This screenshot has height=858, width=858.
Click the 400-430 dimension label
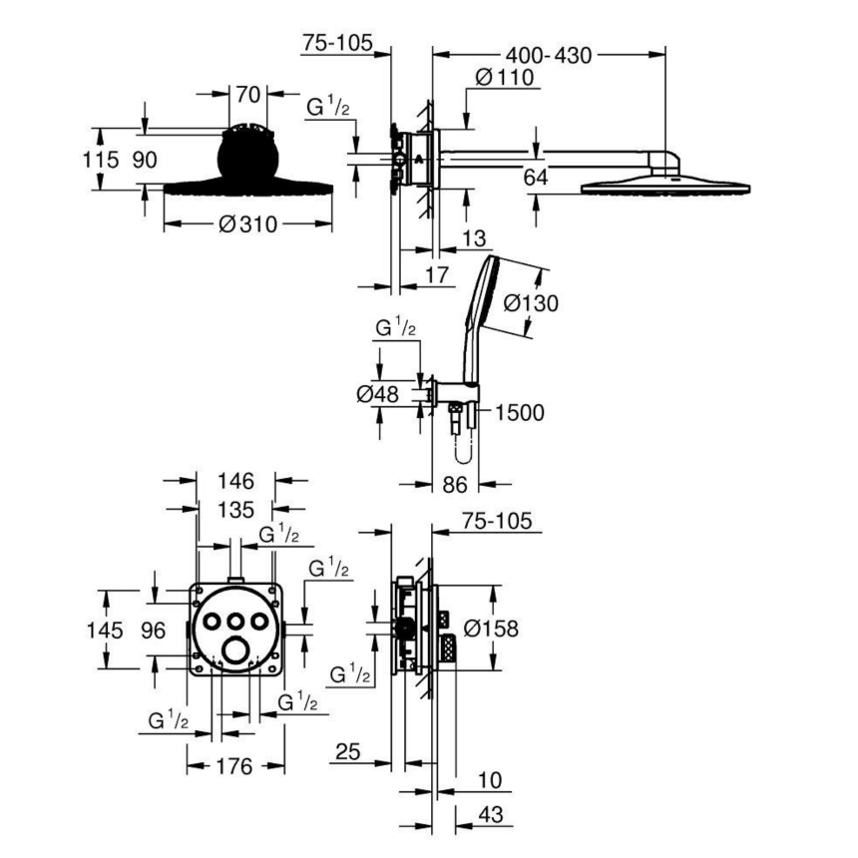pyautogui.click(x=549, y=55)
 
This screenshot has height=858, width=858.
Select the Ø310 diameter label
pyautogui.click(x=246, y=225)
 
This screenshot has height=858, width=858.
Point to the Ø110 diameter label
pyautogui.click(x=505, y=77)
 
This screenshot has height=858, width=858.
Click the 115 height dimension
pyautogui.click(x=102, y=159)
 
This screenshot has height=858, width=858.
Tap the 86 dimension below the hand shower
pyautogui.click(x=455, y=486)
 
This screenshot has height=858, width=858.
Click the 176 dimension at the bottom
pyautogui.click(x=234, y=766)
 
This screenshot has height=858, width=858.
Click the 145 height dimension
pyautogui.click(x=104, y=631)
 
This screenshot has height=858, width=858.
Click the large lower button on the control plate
pyautogui.click(x=237, y=650)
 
